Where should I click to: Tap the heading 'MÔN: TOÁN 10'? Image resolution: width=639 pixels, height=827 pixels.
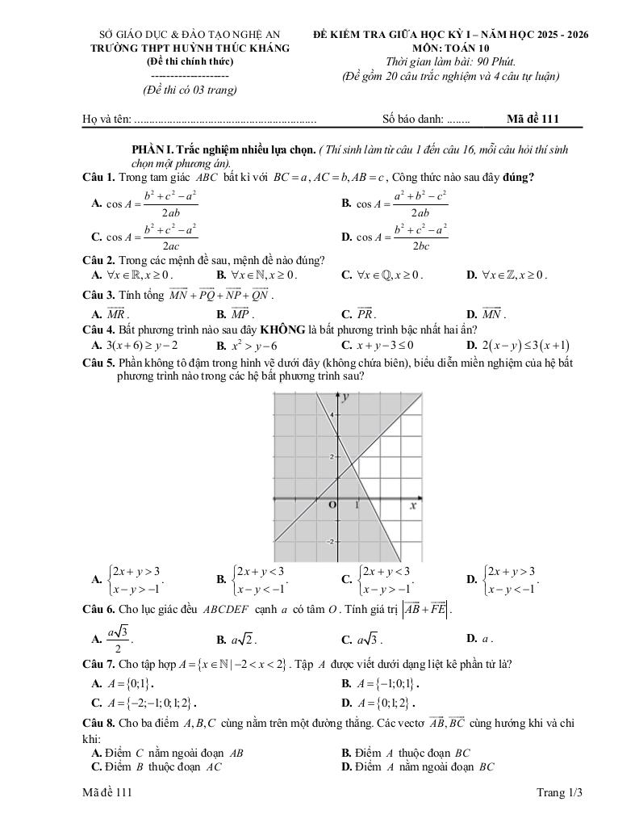click(451, 48)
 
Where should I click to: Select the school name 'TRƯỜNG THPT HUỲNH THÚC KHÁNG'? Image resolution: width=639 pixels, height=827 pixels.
click(190, 48)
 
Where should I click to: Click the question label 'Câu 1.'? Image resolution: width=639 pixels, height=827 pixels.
click(99, 177)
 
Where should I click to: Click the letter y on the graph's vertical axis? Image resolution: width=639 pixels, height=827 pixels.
click(345, 397)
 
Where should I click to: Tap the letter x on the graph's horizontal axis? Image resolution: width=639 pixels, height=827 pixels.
click(412, 506)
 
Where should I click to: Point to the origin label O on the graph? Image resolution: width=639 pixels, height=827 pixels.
click(330, 506)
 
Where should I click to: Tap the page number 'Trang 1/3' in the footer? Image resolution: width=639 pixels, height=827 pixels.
click(558, 793)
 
